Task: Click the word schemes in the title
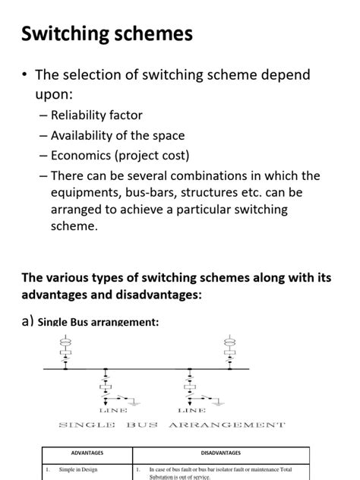pos(158,34)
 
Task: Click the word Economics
pos(82,156)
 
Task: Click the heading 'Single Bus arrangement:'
pos(98,322)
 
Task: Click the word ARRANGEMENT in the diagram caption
pos(227,425)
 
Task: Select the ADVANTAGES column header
pos(87,454)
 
